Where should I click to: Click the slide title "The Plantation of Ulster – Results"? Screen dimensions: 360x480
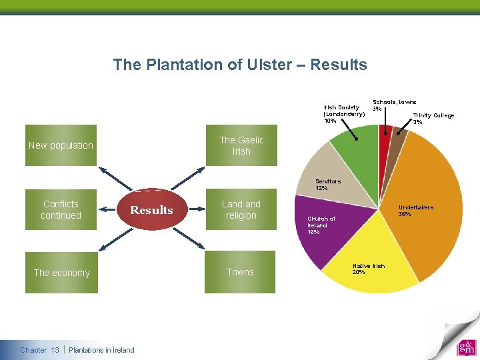pos(240,65)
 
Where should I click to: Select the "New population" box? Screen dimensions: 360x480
pos(61,145)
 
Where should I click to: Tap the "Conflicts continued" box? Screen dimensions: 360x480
pos(61,209)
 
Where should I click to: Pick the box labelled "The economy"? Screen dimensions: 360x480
pos(61,272)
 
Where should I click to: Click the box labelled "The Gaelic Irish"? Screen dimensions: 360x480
pos(241,145)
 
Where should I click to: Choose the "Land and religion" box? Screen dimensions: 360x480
pos(241,209)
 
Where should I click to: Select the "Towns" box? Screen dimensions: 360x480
pos(240,272)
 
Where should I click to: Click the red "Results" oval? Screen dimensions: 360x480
pos(151,210)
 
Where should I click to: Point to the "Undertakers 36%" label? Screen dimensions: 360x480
pos(415,211)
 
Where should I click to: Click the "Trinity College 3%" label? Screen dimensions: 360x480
pos(433,118)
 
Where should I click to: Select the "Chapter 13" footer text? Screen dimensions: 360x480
pos(39,350)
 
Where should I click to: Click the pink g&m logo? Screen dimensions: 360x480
pos(466,347)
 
